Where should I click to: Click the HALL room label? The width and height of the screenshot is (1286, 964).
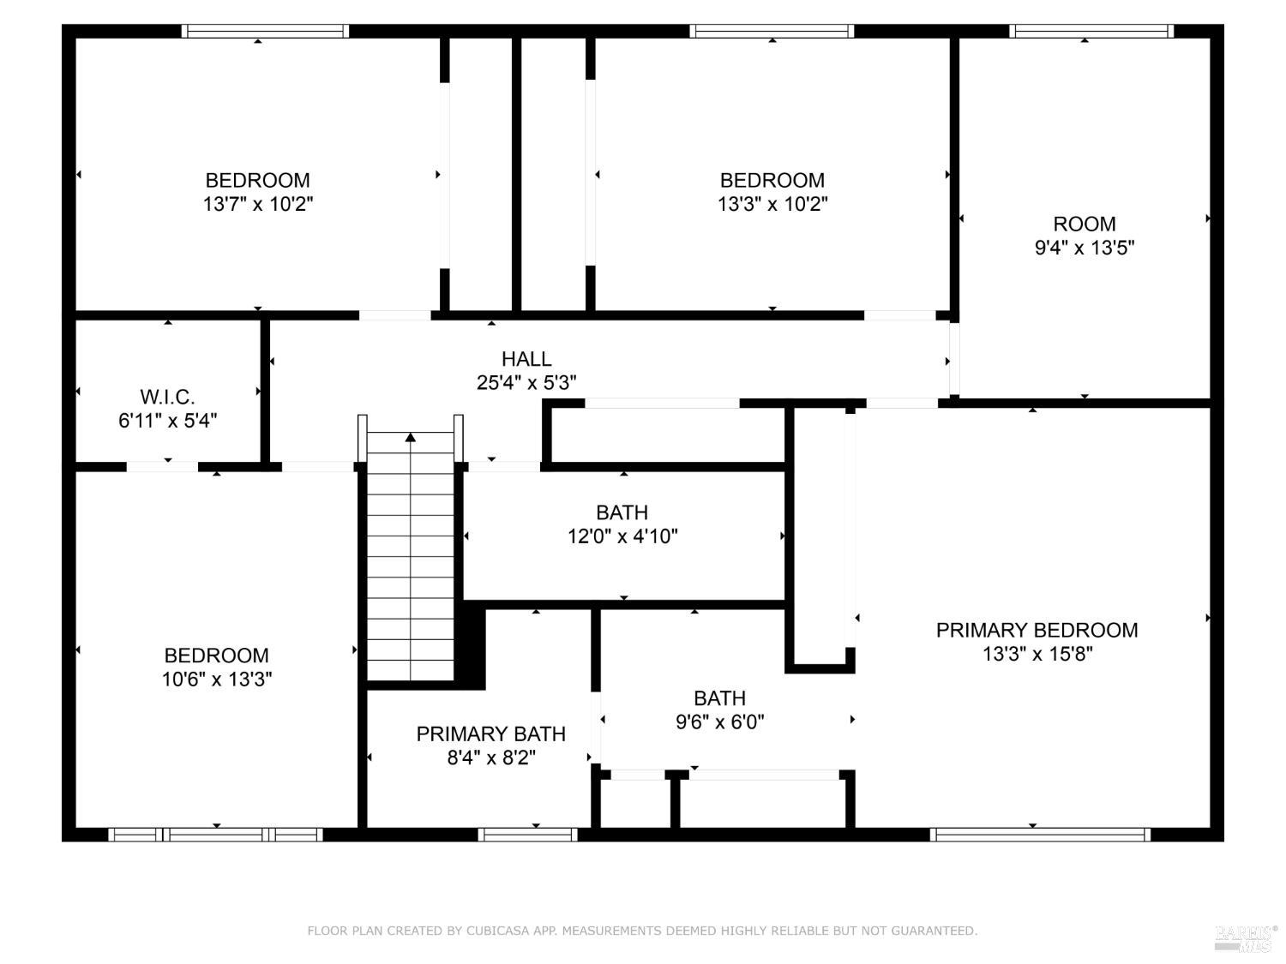(526, 359)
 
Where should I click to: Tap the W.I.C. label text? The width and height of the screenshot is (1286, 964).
(167, 398)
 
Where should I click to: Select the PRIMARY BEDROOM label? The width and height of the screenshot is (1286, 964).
(1037, 631)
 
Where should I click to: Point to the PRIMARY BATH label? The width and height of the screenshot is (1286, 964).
(491, 734)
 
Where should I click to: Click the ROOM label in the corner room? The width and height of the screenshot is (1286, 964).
(1084, 225)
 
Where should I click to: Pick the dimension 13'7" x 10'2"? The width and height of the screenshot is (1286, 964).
(258, 204)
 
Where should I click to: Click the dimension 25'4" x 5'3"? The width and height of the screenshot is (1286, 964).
(526, 383)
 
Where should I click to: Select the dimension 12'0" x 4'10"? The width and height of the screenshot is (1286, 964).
(622, 536)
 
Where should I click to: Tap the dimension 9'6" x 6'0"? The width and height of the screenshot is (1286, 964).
(719, 722)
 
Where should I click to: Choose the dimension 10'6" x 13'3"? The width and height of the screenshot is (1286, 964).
(217, 679)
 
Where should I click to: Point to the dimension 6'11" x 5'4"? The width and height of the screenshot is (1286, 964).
(167, 421)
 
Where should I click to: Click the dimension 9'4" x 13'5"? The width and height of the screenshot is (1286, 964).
(1084, 248)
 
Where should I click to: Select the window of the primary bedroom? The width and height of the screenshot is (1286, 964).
(1040, 834)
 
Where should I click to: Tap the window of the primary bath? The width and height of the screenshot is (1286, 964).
(528, 834)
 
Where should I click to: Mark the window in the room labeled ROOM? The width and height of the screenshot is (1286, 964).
(1091, 31)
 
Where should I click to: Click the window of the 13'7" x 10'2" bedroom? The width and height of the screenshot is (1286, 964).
(265, 31)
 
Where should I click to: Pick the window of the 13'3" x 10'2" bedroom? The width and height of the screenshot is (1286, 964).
(771, 31)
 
